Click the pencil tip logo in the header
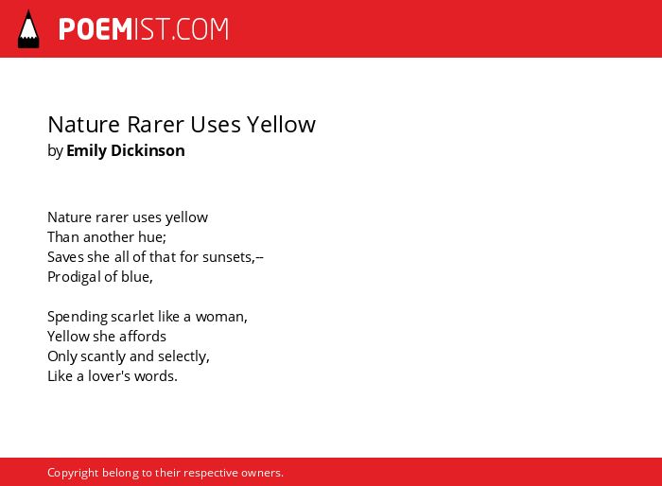point(28,29)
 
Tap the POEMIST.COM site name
point(144,29)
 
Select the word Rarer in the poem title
point(155,125)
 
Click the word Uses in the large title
point(216,125)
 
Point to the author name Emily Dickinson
point(126,150)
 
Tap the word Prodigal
point(74,277)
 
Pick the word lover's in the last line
point(109,376)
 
